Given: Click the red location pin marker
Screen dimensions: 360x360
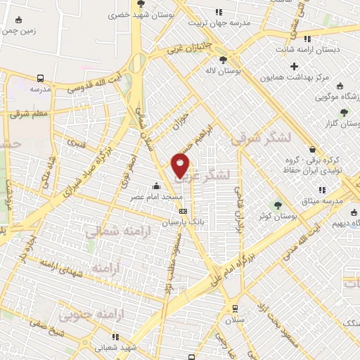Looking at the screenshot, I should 181,165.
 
